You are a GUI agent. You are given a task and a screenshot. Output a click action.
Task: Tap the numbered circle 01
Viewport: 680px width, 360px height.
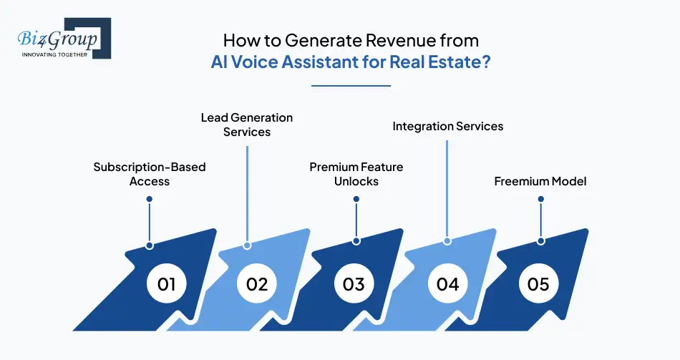[166, 283]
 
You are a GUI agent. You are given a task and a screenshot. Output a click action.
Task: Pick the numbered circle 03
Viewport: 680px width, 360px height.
[354, 283]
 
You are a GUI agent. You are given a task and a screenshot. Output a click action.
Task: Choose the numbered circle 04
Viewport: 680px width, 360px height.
[447, 283]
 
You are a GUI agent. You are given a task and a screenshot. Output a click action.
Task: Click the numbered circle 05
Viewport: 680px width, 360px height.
[538, 283]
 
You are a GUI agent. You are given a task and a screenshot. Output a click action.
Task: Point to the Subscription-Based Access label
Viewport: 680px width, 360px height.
[150, 174]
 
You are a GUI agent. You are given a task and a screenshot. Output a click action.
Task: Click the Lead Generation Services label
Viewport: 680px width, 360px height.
[247, 125]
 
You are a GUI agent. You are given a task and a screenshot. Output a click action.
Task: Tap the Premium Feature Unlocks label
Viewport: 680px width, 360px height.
[356, 174]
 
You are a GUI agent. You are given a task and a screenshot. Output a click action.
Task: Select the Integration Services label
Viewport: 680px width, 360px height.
[448, 126]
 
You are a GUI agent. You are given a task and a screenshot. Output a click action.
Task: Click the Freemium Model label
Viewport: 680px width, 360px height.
[540, 181]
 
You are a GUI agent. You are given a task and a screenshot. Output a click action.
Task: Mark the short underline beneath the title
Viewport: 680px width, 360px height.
[351, 86]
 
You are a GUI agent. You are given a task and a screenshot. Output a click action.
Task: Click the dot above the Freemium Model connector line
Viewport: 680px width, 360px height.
[540, 200]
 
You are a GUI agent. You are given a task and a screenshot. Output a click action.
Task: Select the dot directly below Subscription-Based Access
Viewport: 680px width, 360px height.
[150, 200]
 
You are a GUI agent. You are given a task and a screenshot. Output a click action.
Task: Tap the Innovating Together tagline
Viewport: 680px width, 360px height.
[54, 54]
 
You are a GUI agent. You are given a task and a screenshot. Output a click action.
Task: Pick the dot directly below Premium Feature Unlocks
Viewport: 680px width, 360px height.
[356, 200]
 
